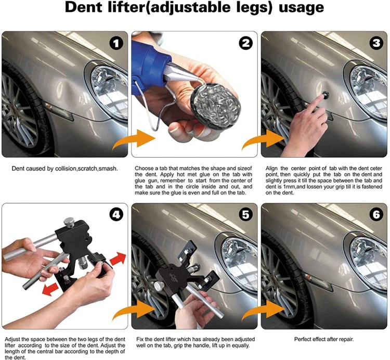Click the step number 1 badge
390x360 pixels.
pos(116,43)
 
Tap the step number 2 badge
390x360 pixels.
pos(246,43)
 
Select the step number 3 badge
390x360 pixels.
pos(376,43)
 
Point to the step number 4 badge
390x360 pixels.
pos(116,214)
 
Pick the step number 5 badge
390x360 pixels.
pos(246,214)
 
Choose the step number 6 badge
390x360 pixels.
pos(376,214)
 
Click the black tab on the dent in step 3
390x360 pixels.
pos(325,94)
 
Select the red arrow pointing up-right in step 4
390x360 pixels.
pos(118,258)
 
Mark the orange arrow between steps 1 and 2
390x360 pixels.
pos(134,139)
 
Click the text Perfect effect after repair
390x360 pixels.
pos(324,339)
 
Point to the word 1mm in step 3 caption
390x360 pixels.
pos(285,187)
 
